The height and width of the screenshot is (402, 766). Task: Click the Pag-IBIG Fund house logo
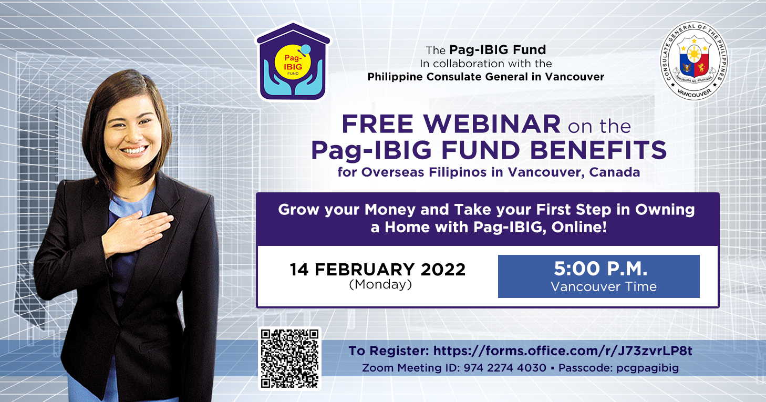293,61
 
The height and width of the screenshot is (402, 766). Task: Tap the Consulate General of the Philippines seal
694,61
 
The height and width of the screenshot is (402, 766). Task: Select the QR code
289,358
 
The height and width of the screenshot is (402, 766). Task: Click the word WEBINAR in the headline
492,124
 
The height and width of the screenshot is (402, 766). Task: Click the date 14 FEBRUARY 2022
378,270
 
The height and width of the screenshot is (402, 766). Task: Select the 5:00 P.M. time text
601,269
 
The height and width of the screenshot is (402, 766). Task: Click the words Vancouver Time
604,287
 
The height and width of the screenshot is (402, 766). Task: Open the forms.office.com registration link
563,351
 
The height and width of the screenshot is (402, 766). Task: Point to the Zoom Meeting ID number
505,368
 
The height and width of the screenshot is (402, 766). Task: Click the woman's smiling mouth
134,150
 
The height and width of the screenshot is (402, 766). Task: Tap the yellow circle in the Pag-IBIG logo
293,62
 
